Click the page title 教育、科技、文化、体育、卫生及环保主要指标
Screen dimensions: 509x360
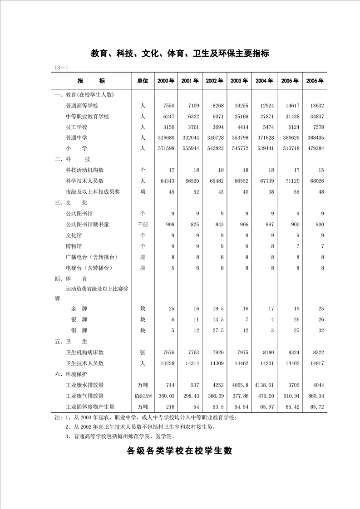pyautogui.click(x=180, y=54)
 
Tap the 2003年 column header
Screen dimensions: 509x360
pyautogui.click(x=239, y=81)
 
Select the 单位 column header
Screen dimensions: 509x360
pyautogui.click(x=143, y=81)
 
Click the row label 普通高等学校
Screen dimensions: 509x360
pyautogui.click(x=85, y=106)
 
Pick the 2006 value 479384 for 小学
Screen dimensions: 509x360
pyautogui.click(x=314, y=148)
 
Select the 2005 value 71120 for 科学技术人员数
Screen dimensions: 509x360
pyautogui.click(x=290, y=181)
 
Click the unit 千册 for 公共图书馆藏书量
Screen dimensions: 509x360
pyautogui.click(x=143, y=224)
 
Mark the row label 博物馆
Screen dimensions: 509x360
pyautogui.click(x=74, y=246)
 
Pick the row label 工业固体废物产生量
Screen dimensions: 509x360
pyautogui.click(x=90, y=407)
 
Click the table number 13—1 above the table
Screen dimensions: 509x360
pyautogui.click(x=61, y=68)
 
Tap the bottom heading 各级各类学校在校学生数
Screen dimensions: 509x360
pyautogui.click(x=180, y=451)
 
